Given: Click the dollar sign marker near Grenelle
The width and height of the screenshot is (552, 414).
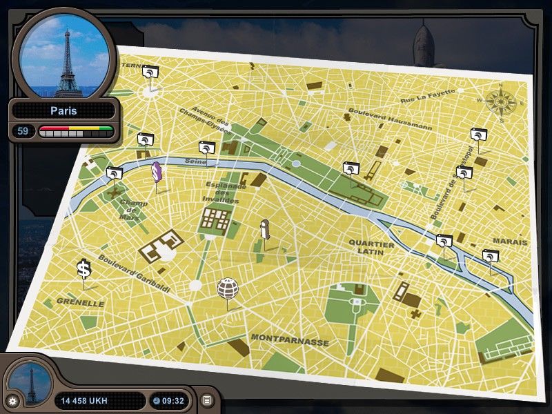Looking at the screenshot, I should point(83,269).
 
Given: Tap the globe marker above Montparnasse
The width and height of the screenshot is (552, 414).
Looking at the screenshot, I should point(228,288).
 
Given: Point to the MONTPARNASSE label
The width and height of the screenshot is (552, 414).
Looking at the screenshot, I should point(290,339).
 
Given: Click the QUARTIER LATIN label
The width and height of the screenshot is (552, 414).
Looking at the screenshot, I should point(371,249).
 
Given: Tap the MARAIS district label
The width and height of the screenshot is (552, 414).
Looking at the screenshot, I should point(509,242).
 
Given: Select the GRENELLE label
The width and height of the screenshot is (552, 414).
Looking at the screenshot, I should point(80,302).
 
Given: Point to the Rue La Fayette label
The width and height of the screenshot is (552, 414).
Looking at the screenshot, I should point(427,97).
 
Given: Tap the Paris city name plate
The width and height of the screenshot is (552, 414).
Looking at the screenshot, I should point(63,110).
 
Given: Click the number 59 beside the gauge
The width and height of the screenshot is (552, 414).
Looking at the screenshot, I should point(23,130).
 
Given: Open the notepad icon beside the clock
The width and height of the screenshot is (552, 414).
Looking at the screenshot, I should point(207,400).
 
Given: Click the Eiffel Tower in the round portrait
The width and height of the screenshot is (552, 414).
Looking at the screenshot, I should point(67,59).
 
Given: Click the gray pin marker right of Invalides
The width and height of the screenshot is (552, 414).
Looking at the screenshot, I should point(264,230).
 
